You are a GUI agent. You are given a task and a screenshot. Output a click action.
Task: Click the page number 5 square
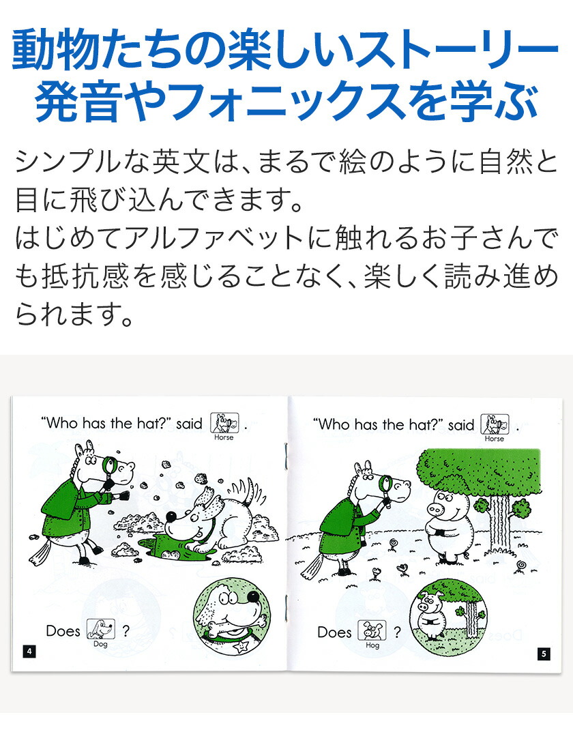click(543, 654)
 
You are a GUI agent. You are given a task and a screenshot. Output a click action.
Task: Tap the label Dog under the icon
click(100, 644)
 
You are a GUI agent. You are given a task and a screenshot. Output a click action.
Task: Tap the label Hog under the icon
click(372, 645)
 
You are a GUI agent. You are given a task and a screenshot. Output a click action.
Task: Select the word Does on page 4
click(63, 631)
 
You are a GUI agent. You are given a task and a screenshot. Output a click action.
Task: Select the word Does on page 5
click(334, 632)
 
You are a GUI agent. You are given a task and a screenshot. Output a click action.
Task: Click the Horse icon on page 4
click(224, 424)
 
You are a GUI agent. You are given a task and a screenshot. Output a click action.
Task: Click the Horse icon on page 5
click(495, 425)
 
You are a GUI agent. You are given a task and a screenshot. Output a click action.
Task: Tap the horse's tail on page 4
click(39, 550)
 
